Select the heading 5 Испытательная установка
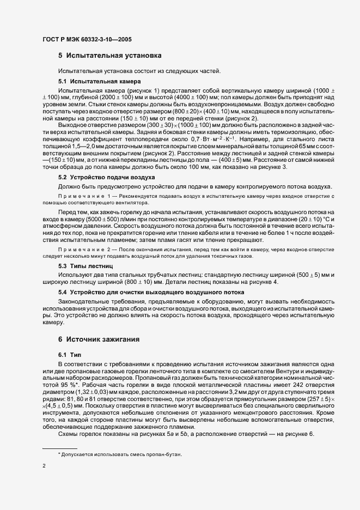(x=109, y=56)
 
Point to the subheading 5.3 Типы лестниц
(x=85, y=265)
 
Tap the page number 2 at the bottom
(x=44, y=466)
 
